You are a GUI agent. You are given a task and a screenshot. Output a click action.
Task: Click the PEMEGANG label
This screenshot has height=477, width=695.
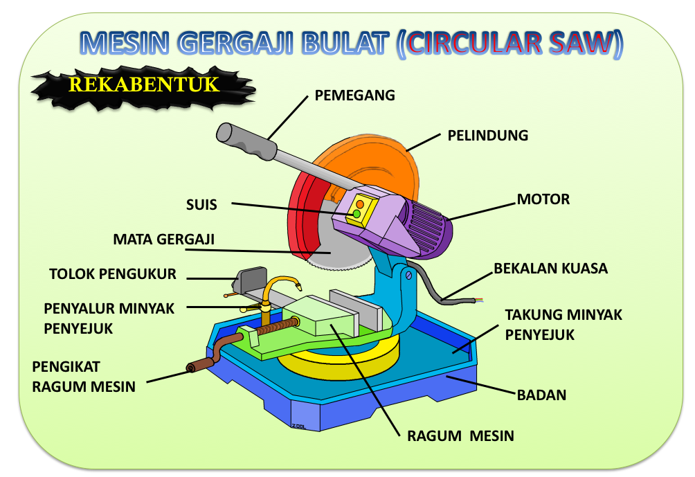pyautogui.click(x=354, y=96)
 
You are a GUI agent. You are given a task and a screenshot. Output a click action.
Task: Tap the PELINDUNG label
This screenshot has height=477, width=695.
pyautogui.click(x=487, y=136)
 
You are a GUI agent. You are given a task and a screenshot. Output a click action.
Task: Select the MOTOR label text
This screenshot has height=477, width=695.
pyautogui.click(x=543, y=200)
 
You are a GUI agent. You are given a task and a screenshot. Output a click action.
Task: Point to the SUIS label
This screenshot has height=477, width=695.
pyautogui.click(x=201, y=205)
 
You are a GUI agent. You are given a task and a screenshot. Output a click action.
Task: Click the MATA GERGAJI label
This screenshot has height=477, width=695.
pyautogui.click(x=164, y=240)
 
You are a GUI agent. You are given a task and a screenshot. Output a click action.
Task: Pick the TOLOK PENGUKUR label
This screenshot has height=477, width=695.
pyautogui.click(x=113, y=274)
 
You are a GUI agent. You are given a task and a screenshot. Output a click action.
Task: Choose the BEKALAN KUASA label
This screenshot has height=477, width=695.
pyautogui.click(x=550, y=269)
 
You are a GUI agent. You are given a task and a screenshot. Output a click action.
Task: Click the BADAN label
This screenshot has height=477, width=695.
pyautogui.click(x=542, y=396)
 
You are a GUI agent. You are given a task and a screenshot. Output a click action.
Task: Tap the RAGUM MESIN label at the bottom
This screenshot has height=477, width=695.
pyautogui.click(x=460, y=436)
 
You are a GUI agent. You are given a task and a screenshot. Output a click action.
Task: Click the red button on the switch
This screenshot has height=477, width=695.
pyautogui.click(x=360, y=204)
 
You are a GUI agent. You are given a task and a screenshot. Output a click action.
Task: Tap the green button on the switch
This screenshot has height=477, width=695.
pyautogui.click(x=356, y=215)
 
